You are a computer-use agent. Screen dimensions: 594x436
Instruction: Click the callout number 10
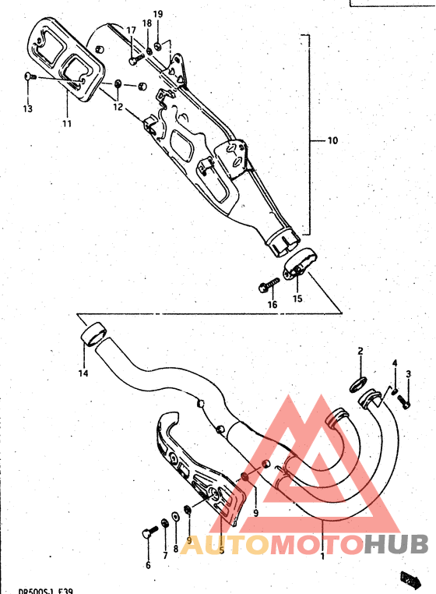click(x=332, y=141)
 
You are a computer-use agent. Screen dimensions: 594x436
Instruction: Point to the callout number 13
click(x=27, y=109)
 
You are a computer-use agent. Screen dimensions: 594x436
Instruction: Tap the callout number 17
click(x=131, y=30)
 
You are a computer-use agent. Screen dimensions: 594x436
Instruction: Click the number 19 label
click(x=158, y=15)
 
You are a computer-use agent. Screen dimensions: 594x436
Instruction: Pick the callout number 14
click(x=83, y=373)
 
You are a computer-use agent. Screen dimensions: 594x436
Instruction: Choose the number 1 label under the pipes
click(x=323, y=557)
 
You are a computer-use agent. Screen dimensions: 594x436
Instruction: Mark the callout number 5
click(x=221, y=550)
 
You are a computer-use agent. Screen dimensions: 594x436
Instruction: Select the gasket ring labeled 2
click(x=360, y=383)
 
